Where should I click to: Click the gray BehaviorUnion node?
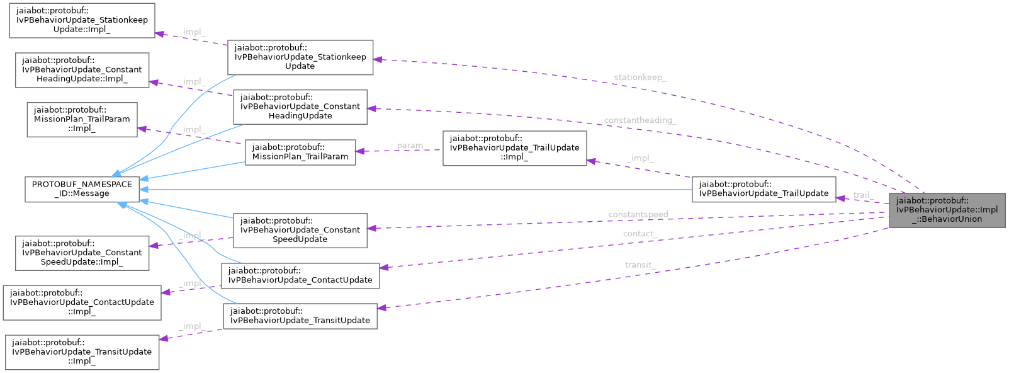coord(947,210)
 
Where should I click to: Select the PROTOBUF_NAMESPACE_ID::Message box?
coord(82,189)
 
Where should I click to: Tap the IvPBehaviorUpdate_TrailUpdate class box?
coord(764,189)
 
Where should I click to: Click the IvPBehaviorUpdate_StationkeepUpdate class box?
coord(300,57)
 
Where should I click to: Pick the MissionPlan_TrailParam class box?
coord(300,152)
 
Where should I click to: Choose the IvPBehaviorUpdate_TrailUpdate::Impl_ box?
coord(514,148)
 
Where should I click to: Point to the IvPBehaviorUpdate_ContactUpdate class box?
coord(300,275)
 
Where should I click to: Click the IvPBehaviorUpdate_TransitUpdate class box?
coord(300,316)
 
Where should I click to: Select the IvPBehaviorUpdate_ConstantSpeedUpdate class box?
coord(300,230)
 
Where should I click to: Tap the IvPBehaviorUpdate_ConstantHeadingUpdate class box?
coord(300,106)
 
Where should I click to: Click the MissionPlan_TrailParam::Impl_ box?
coord(82,119)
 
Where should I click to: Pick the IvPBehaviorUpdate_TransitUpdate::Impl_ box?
coord(81,352)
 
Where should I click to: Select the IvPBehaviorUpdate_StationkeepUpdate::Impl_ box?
coord(81,20)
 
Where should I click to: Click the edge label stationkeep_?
coord(640,77)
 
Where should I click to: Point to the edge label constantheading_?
coord(640,120)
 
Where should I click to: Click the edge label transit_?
coord(640,265)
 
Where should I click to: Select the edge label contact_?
coord(640,234)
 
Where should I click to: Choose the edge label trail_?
coord(863,195)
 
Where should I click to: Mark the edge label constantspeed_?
coord(640,214)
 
